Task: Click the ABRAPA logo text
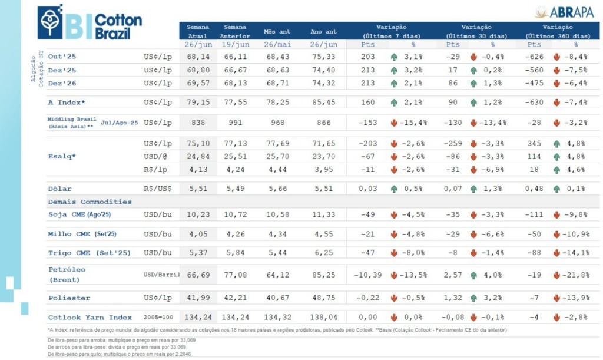click(571, 12)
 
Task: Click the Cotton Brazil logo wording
click(118, 27)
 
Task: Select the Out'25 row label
click(62, 57)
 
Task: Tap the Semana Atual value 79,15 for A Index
click(197, 102)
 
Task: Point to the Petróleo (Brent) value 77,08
click(234, 275)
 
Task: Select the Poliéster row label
click(69, 298)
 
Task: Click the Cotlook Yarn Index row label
click(90, 318)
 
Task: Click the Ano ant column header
click(323, 31)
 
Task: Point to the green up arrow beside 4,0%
click(473, 275)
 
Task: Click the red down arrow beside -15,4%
click(394, 123)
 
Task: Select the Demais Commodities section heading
click(90, 202)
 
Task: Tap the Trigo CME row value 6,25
click(323, 253)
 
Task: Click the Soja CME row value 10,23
click(197, 215)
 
